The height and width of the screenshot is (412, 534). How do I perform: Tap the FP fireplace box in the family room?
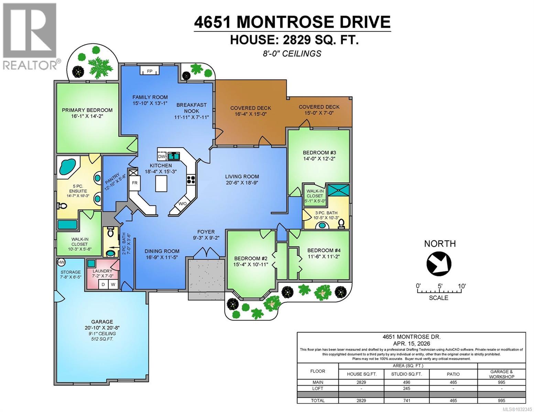150,71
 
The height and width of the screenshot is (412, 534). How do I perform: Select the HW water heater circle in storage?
61,262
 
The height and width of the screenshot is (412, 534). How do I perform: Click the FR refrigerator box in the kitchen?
134,183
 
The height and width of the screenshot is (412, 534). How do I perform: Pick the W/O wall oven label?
182,204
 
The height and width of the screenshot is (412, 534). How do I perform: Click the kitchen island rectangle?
161,183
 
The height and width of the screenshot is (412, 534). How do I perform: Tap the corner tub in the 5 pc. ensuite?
67,166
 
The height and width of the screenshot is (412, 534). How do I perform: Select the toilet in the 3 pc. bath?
341,224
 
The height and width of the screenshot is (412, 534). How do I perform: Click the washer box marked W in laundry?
113,285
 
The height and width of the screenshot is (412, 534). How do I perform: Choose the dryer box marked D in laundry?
102,285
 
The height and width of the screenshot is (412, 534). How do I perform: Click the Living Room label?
242,176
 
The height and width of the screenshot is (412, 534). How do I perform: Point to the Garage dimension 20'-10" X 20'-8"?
102,328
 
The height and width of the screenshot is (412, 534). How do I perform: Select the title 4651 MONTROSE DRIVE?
292,22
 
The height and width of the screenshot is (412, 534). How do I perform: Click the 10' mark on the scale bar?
461,286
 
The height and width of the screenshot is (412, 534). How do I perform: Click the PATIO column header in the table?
453,374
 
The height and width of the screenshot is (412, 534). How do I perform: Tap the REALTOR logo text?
30,65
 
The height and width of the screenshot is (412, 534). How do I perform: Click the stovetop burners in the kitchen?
191,180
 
